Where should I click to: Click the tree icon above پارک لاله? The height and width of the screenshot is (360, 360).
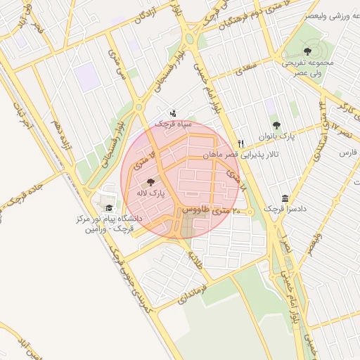152,181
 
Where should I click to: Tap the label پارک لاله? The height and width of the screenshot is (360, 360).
152,192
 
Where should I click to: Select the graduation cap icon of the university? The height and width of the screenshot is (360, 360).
109,208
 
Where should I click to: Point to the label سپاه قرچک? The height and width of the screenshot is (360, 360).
173,124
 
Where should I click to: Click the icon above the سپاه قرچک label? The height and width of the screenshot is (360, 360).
173,113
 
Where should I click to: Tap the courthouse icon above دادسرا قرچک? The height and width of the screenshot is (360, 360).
284,198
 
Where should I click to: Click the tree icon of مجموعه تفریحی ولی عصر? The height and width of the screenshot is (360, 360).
307,51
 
